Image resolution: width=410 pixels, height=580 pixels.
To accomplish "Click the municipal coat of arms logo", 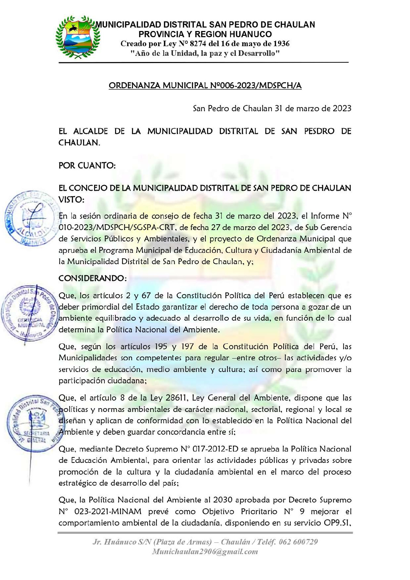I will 78,37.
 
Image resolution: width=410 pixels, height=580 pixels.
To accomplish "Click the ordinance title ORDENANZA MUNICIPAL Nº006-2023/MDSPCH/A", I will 205,85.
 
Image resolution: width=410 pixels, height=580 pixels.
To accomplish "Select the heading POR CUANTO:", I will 87,166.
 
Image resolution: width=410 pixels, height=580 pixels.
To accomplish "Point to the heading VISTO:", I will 71,200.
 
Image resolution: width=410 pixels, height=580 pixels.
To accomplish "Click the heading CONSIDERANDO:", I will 92,278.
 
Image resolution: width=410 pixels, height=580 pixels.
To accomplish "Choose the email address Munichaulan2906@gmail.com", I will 205,552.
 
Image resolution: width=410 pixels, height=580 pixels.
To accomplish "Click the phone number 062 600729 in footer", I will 298,542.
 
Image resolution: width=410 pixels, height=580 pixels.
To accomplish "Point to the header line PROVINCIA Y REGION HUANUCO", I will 205,34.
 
